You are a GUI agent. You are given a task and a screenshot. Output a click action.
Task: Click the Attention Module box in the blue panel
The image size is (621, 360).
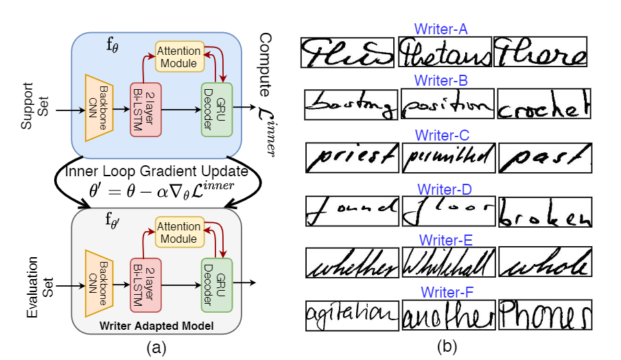180,56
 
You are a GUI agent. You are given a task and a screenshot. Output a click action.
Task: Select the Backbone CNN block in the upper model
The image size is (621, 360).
98,108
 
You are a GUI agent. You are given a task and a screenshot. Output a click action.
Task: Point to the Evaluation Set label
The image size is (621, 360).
34,286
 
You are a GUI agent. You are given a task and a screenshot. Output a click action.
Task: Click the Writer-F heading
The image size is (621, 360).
444,293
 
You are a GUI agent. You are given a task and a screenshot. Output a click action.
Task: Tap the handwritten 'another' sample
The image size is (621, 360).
448,315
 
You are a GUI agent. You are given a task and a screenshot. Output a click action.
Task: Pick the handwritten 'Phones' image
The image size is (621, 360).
545,315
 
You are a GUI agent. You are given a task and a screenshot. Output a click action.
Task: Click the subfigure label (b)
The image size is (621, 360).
447,347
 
